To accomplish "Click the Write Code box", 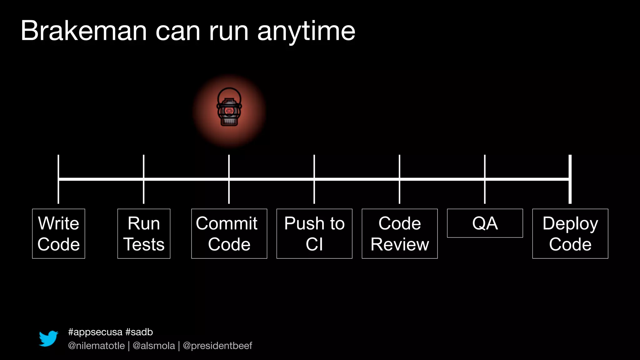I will (58, 233).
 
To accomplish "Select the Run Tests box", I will (144, 233).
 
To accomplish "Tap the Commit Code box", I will (229, 233).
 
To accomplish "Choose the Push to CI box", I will (314, 233).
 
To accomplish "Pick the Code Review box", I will (400, 233).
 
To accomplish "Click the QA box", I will (485, 223).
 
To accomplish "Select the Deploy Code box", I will (570, 233).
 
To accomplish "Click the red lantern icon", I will (229, 107).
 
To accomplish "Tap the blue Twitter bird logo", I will (48, 338).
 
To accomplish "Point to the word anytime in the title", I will (306, 31).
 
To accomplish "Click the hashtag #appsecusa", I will (95, 332).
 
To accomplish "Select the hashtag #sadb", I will (139, 332).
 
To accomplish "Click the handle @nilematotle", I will (96, 346).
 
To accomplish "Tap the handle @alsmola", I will (154, 346).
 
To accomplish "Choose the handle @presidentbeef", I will (217, 346).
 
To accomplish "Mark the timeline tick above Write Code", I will (58, 166).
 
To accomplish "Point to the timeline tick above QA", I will (485, 166).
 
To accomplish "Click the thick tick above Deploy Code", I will (570, 166).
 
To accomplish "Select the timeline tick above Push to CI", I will (314, 166).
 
